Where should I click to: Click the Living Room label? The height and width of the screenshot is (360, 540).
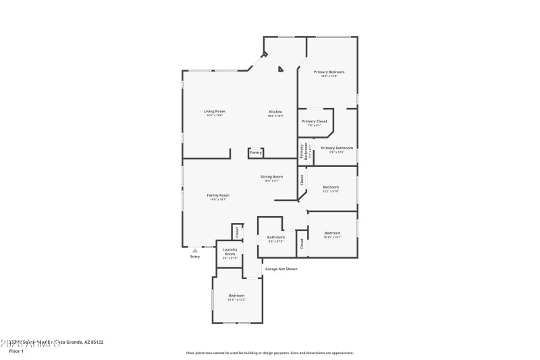(215, 111)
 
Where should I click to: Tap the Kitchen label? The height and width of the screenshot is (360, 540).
(275, 111)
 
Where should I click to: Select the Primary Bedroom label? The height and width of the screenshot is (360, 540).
(329, 72)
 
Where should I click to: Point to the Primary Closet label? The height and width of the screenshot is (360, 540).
(314, 121)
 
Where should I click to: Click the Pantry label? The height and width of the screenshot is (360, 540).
(256, 153)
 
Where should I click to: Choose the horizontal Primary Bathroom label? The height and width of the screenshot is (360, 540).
(337, 148)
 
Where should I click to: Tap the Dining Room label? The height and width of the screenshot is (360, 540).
(272, 176)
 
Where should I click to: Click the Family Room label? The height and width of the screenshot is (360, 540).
(218, 195)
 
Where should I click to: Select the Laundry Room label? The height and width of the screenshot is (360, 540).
(230, 252)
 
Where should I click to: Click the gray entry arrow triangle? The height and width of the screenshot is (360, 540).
(195, 250)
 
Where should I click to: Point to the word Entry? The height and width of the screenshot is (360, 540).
(195, 257)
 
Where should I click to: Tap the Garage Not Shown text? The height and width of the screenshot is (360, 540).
(281, 269)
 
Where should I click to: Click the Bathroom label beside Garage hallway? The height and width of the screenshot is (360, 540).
(275, 237)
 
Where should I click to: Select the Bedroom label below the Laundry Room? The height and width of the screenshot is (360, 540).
(236, 296)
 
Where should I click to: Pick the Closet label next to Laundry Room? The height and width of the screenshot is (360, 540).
(237, 232)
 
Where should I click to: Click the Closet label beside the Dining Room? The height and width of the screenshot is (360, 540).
(302, 180)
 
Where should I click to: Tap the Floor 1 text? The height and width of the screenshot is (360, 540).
(16, 351)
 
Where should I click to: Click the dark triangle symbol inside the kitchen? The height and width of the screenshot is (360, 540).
(281, 68)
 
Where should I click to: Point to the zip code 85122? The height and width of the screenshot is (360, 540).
(97, 342)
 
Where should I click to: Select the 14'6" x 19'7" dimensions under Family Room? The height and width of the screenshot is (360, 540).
(218, 200)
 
